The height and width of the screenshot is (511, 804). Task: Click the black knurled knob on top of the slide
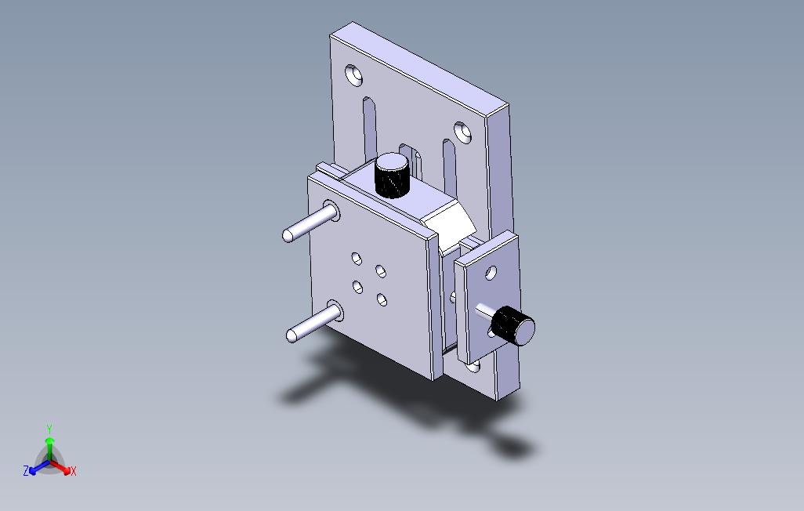click(393, 177)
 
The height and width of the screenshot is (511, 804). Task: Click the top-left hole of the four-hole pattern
click(357, 257)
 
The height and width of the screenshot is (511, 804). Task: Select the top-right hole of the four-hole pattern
click(381, 271)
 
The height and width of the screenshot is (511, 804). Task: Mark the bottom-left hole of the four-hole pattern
click(358, 287)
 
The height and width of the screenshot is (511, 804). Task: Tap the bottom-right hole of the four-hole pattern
click(382, 299)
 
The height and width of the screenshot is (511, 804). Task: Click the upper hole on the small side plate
click(491, 274)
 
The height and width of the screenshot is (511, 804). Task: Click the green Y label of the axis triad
click(49, 429)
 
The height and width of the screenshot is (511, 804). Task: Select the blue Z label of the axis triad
click(26, 471)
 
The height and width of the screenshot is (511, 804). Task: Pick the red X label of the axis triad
click(73, 471)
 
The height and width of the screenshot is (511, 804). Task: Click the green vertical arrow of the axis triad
click(49, 447)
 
